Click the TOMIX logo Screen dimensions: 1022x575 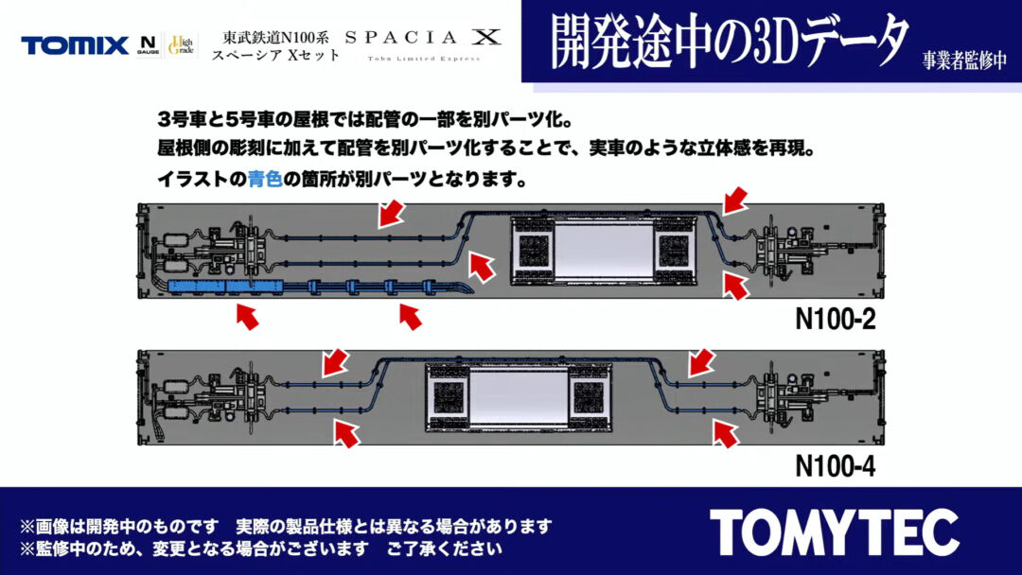pyautogui.click(x=75, y=45)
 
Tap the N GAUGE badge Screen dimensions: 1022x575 pyautogui.click(x=148, y=45)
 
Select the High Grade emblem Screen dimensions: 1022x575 pyautogui.click(x=181, y=45)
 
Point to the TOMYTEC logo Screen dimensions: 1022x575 pyautogui.click(x=835, y=532)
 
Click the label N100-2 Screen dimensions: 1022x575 pyautogui.click(x=835, y=319)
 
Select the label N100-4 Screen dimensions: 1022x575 pyautogui.click(x=835, y=465)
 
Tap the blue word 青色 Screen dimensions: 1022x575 pyautogui.click(x=265, y=179)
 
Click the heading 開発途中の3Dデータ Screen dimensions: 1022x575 pyautogui.click(x=729, y=41)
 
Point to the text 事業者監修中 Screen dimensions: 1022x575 pyautogui.click(x=964, y=60)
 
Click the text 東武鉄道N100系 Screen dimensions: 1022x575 pyautogui.click(x=275, y=38)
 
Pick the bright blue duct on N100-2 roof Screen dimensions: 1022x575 pyautogui.click(x=225, y=286)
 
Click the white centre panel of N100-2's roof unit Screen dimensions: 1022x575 pyautogui.click(x=604, y=250)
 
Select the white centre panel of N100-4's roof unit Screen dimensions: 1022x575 pyautogui.click(x=519, y=396)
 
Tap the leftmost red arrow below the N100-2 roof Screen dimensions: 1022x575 pyautogui.click(x=247, y=316)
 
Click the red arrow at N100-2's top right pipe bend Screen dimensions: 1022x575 pyautogui.click(x=734, y=200)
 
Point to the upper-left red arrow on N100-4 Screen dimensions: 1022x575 pyautogui.click(x=336, y=362)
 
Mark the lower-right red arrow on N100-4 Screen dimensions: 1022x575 pyautogui.click(x=726, y=434)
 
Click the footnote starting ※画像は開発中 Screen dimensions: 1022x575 pyautogui.click(x=286, y=526)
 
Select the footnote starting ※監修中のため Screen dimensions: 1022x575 pyautogui.click(x=261, y=549)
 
